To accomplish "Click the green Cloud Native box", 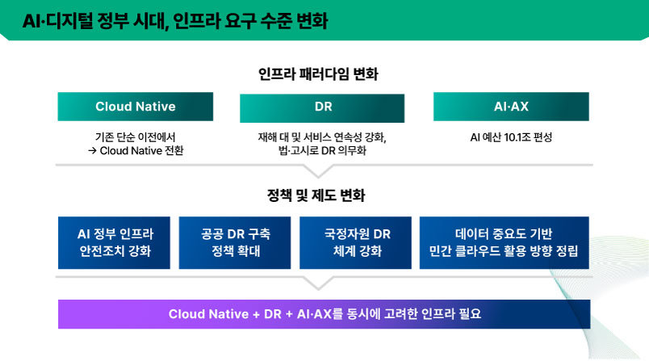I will point(135,107).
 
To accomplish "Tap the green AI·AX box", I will point(511,107).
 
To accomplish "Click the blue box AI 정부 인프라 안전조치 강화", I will point(115,242).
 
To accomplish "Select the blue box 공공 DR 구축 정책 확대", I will point(236,242).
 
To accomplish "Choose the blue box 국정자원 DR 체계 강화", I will point(356,242).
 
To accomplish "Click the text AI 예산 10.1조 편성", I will point(511,136).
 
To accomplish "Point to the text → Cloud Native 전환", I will point(135,150).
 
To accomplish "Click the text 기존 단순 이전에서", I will point(135,136).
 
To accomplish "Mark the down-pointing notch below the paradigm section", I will point(320,170).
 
